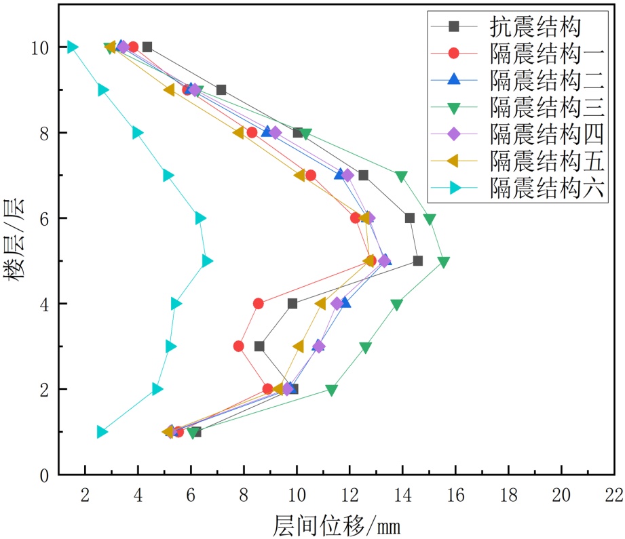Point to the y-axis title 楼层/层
pos(15,239)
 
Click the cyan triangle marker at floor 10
pos(72,47)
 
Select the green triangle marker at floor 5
pos(444,262)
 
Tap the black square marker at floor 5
pos(418,261)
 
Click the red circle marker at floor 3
pos(239,346)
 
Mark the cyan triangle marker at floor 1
pos(102,432)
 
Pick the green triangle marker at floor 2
pos(331,390)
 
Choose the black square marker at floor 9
pos(221,89)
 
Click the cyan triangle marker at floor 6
pos(200,218)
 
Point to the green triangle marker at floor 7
pos(401,176)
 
